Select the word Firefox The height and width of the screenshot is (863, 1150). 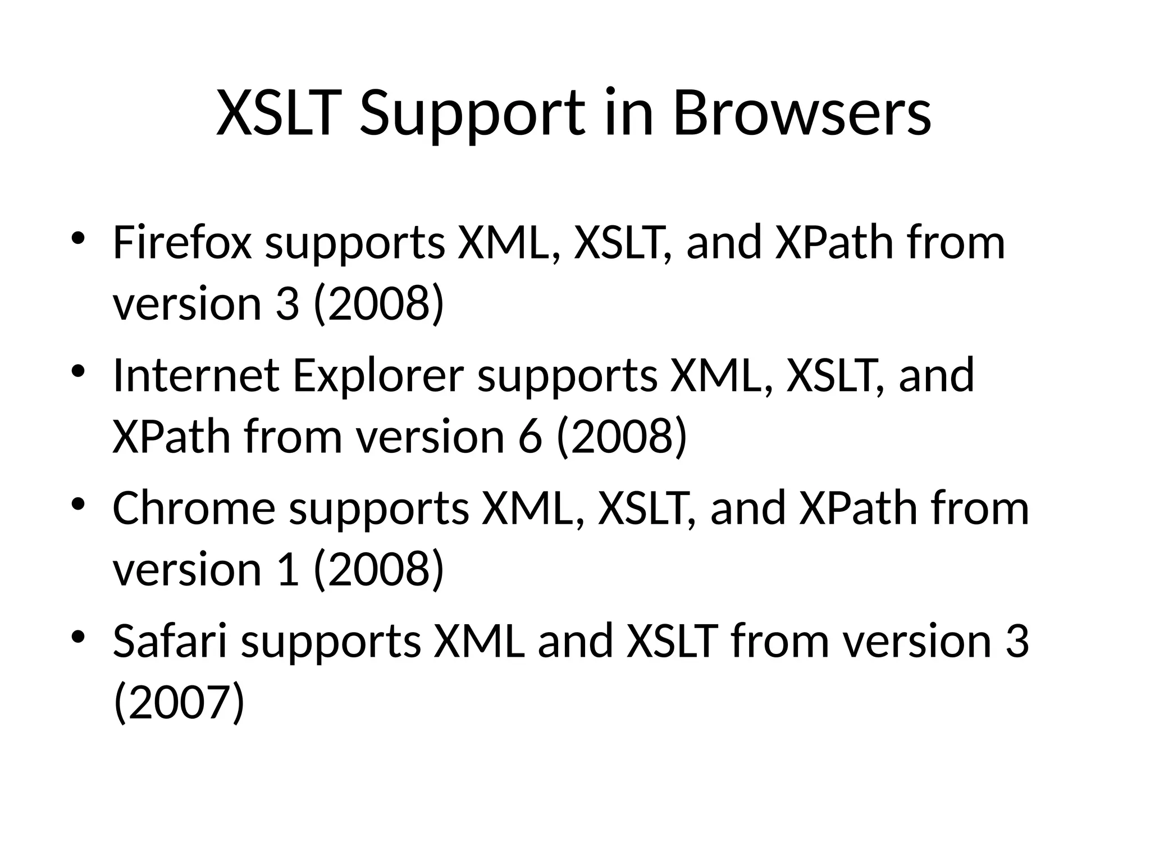182,243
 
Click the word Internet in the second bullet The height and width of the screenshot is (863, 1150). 196,375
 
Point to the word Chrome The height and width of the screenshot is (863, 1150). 194,508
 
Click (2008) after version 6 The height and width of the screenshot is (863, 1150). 622,437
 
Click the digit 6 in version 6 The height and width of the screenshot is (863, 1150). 530,437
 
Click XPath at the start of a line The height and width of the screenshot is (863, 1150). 171,437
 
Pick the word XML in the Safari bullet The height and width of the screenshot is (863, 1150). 478,641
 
